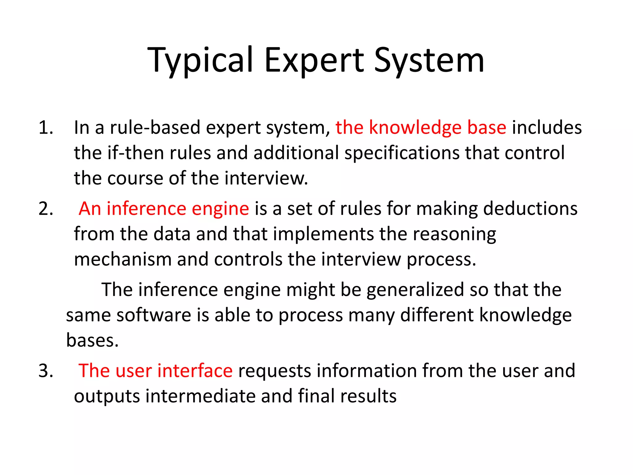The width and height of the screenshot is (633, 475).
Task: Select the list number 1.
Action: pos(46,127)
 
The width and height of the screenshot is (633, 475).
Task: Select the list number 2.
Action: pos(46,208)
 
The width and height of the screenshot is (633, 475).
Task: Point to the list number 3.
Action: pos(46,370)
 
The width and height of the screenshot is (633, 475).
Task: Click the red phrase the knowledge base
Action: pos(421,127)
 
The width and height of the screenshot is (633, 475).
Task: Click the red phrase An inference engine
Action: pos(164,209)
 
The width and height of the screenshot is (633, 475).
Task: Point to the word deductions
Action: pos(530,208)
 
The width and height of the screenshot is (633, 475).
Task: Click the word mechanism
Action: pos(123,259)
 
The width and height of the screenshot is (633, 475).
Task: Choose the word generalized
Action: pos(415,290)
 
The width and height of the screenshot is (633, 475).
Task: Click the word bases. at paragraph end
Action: pos(92,340)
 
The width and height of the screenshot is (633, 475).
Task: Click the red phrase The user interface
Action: pos(155,370)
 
